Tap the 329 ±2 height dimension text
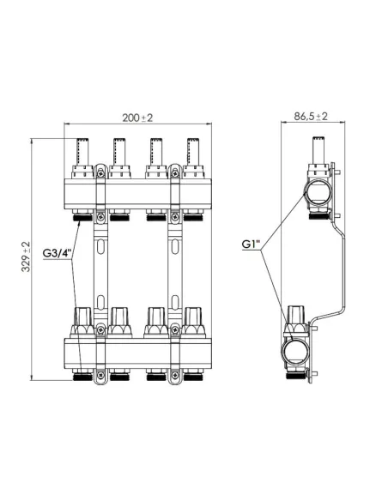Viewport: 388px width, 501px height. pyautogui.click(x=26, y=257)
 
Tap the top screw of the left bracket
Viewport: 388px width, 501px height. pyautogui.click(x=101, y=172)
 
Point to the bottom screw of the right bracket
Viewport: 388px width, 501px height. pyautogui.click(x=176, y=374)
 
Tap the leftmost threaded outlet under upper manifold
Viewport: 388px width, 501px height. pyautogui.click(x=82, y=218)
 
